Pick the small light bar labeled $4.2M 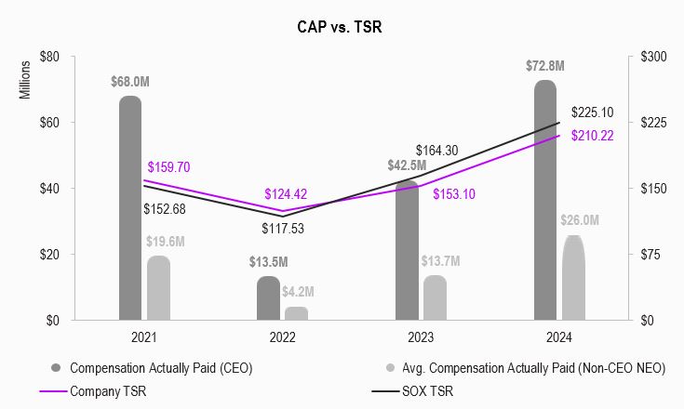pos(296,313)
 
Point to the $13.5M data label pos(268,261)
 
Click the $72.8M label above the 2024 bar pos(544,66)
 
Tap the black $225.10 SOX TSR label pos(593,112)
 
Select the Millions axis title pos(26,80)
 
